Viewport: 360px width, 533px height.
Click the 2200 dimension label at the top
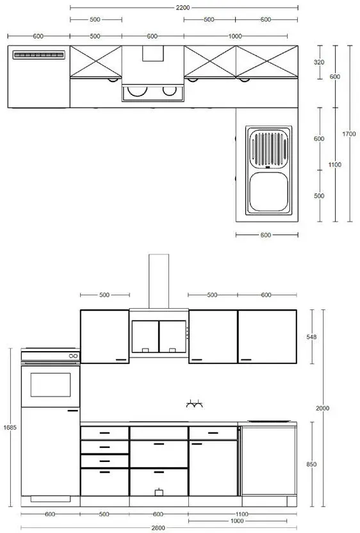(x=183, y=8)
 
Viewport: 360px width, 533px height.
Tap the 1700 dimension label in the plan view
(x=348, y=134)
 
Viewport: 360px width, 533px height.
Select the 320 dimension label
(x=319, y=62)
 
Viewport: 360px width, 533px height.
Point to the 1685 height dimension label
(x=10, y=427)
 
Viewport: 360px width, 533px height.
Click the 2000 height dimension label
(x=322, y=408)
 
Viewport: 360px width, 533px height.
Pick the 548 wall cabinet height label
(x=311, y=337)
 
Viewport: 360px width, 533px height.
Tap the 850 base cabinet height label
(x=311, y=464)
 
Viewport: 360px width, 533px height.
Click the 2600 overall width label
(x=158, y=528)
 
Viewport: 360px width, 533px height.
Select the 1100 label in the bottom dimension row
(x=241, y=514)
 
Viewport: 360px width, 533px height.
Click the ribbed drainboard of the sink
(x=268, y=149)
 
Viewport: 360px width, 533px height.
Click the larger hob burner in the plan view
(x=137, y=91)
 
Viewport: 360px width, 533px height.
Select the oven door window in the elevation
(x=51, y=385)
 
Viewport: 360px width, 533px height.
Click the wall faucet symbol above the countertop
(x=195, y=404)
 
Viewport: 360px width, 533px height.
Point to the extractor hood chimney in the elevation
(x=159, y=281)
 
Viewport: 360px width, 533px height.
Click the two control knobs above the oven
(x=74, y=356)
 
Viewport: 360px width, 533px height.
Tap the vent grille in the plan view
(x=38, y=54)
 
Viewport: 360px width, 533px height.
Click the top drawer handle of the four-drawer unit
(x=104, y=433)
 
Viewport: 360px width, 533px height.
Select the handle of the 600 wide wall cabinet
(x=246, y=359)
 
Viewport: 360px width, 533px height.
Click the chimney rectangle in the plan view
(x=153, y=53)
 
